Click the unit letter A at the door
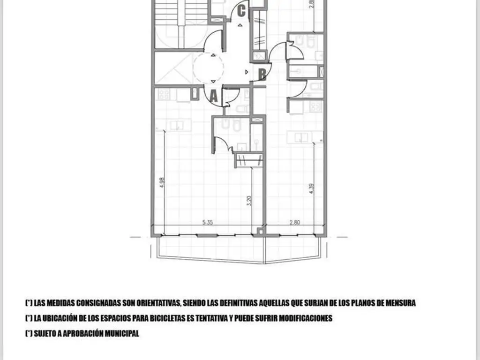point(214,96)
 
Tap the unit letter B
point(262,75)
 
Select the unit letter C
point(241,11)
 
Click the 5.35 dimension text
point(208,223)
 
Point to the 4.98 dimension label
point(162,182)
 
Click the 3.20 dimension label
point(249,201)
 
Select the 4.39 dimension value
point(312,188)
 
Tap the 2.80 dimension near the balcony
point(295,223)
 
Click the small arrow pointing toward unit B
point(247,72)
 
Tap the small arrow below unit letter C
point(240,25)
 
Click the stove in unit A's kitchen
point(164,94)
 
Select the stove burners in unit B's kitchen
point(316,106)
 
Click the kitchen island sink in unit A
point(177,125)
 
